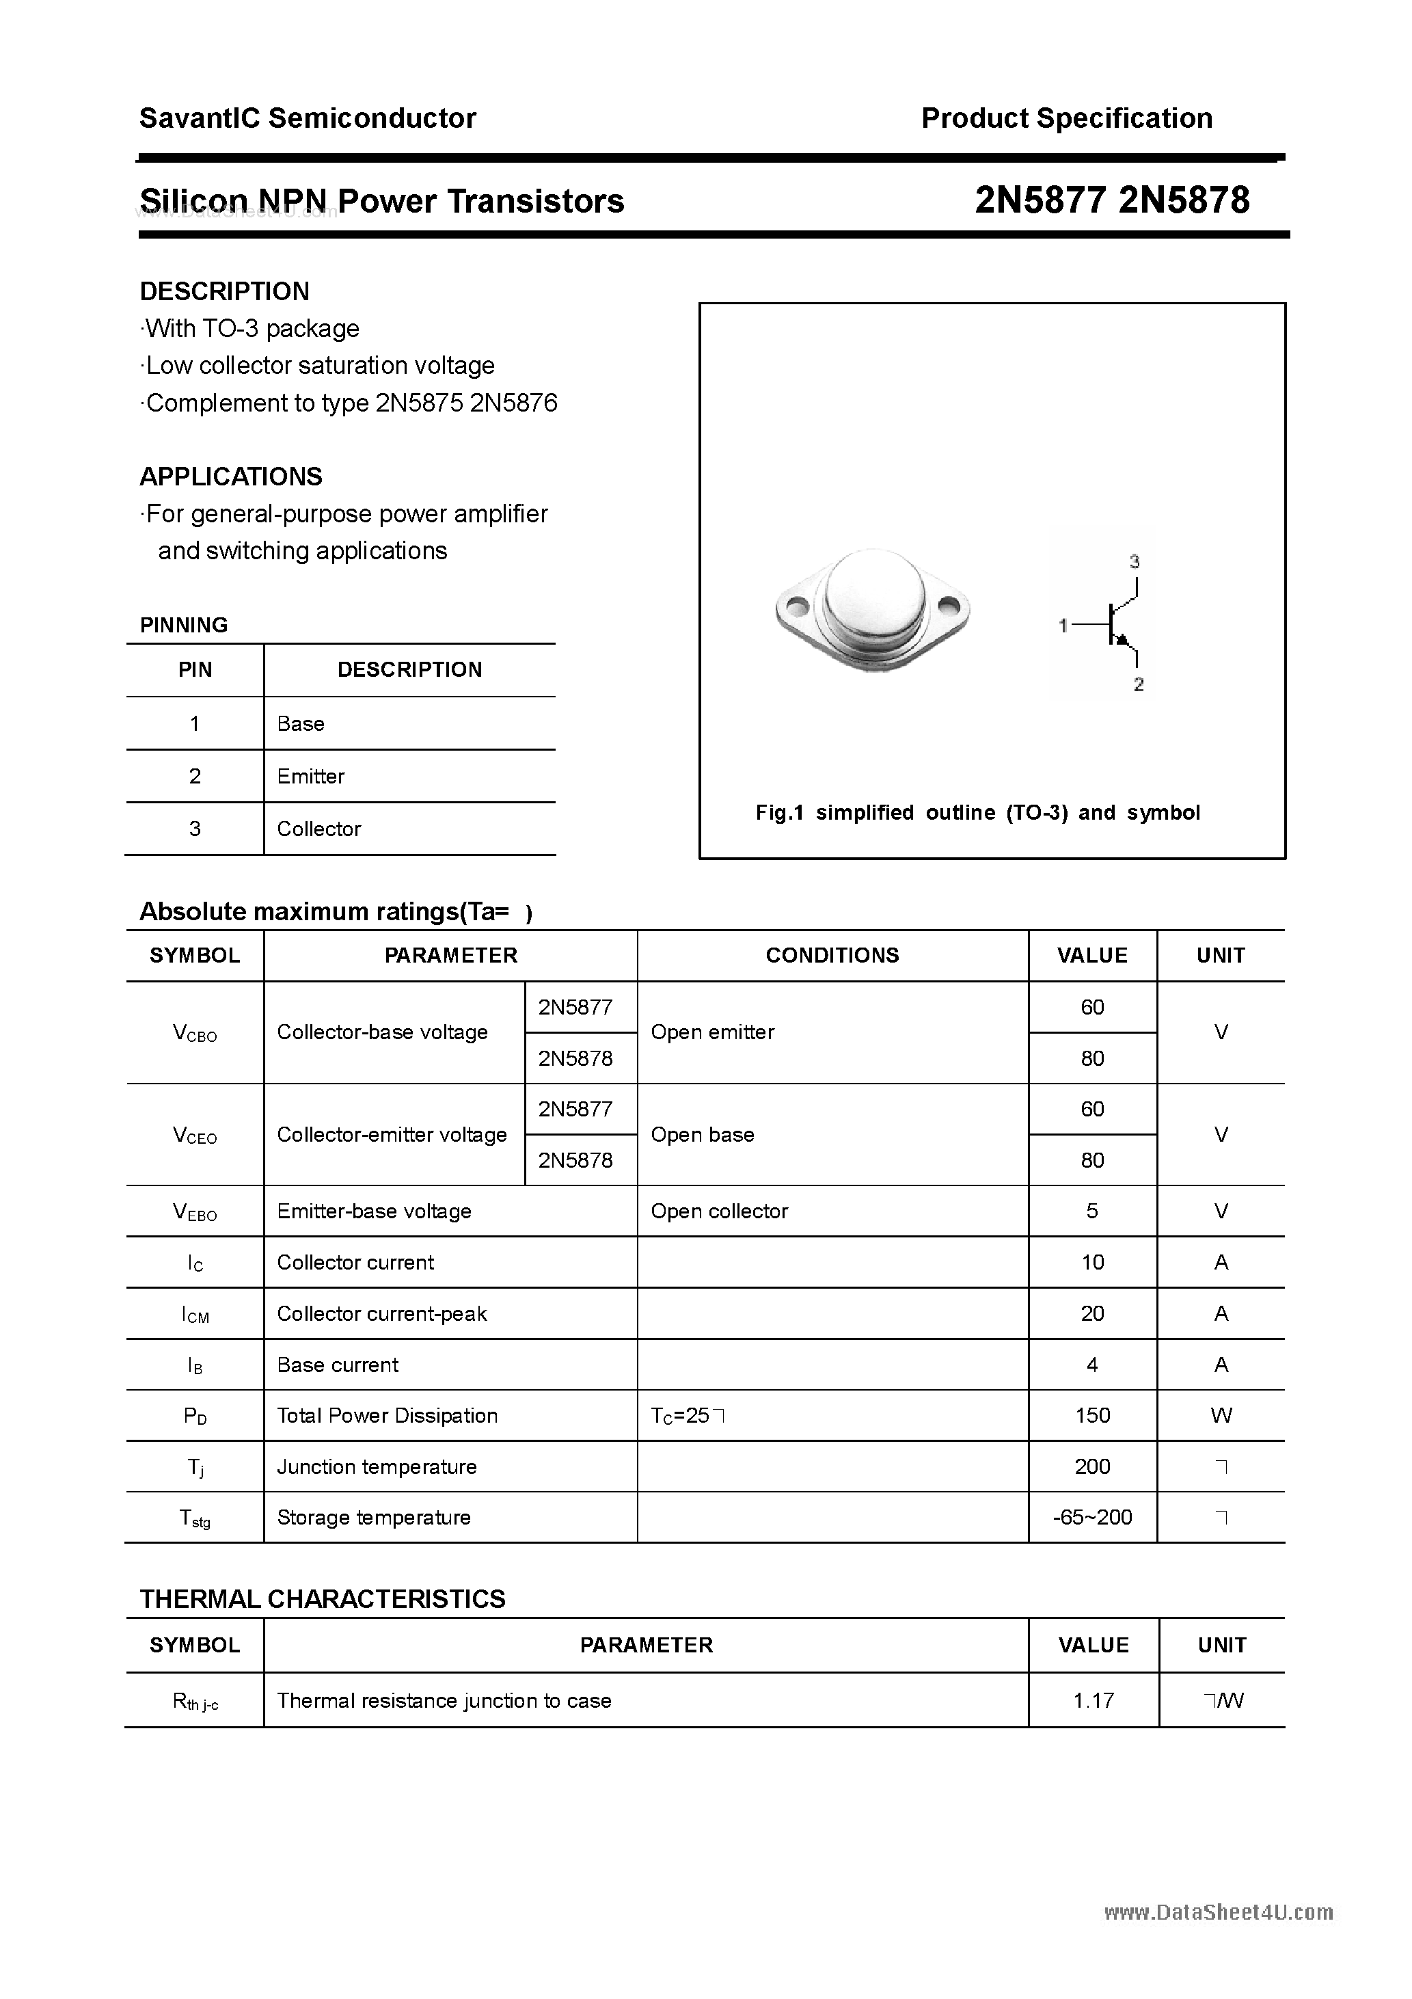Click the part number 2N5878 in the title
pyautogui.click(x=1184, y=201)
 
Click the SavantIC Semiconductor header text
pyautogui.click(x=308, y=118)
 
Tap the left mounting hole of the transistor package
pyautogui.click(x=796, y=605)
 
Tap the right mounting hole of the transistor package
pyautogui.click(x=951, y=605)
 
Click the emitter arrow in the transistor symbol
pyautogui.click(x=1123, y=641)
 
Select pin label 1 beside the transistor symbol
pyautogui.click(x=1063, y=625)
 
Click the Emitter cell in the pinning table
pyautogui.click(x=311, y=776)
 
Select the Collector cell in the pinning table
pyautogui.click(x=318, y=829)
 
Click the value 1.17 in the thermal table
pyautogui.click(x=1094, y=1700)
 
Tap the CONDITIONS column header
pyautogui.click(x=832, y=955)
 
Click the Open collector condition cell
pyautogui.click(x=719, y=1211)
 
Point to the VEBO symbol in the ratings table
pyautogui.click(x=195, y=1212)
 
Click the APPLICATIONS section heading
pyautogui.click(x=231, y=477)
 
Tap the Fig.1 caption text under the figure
pyautogui.click(x=977, y=812)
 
